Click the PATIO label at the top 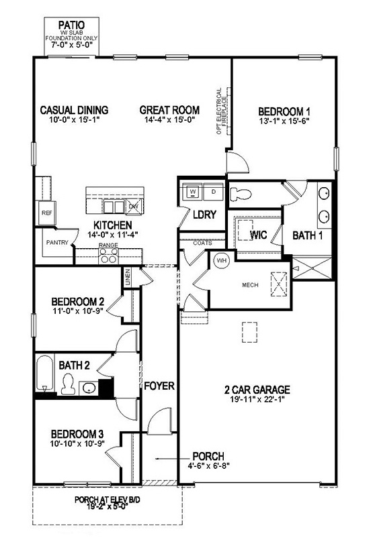tap(71, 21)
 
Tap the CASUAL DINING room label tap(74, 110)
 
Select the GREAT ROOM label tap(169, 110)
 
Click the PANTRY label tap(57, 243)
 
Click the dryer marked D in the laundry tap(214, 192)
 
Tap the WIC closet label tap(259, 235)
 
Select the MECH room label tap(250, 284)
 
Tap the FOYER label tap(158, 386)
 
